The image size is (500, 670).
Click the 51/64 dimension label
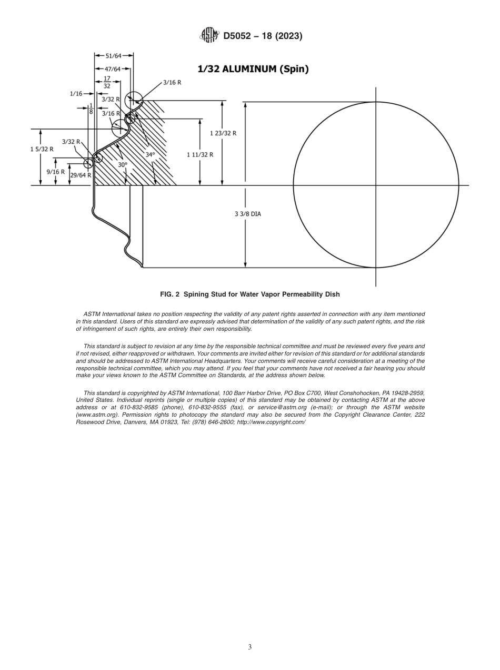[114, 56]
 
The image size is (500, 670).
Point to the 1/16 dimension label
[76, 94]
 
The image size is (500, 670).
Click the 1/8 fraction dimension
[91, 108]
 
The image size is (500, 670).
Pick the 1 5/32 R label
[42, 149]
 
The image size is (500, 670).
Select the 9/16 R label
[55, 172]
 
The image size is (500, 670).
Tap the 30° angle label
[123, 165]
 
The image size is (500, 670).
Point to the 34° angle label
[150, 155]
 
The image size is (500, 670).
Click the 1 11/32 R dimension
[200, 155]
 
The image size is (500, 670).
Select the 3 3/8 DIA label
[247, 214]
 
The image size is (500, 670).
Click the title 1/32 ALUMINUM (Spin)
[253, 69]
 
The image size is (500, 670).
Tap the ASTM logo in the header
[210, 36]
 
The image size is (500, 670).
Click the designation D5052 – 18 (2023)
[263, 36]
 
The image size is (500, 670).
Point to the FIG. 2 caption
[250, 294]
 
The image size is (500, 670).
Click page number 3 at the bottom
[250, 647]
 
